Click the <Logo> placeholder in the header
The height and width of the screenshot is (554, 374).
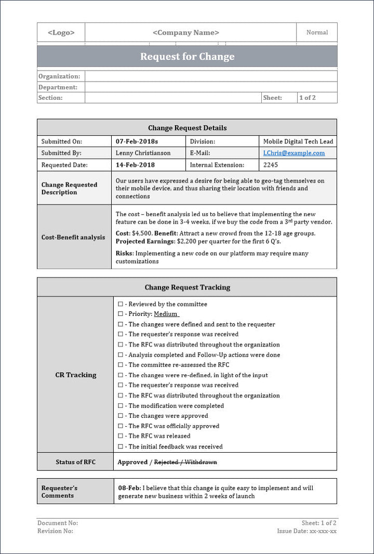[x=61, y=32]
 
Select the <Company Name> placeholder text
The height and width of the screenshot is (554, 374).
[x=186, y=32]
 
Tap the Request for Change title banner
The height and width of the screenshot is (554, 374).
[x=187, y=57]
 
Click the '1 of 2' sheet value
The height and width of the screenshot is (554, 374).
[x=307, y=98]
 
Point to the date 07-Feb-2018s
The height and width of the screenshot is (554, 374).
[x=137, y=141]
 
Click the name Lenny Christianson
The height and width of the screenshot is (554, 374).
[x=143, y=153]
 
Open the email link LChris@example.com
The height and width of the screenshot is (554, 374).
[x=294, y=153]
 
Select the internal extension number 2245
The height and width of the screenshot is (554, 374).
[x=271, y=165]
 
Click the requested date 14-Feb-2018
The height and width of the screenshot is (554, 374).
[x=135, y=165]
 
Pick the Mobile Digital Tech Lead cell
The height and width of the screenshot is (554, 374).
[x=298, y=141]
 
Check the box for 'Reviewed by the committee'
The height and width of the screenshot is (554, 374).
[x=121, y=304]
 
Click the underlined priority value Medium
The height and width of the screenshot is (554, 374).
[x=166, y=314]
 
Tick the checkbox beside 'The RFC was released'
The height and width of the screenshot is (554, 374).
[x=121, y=436]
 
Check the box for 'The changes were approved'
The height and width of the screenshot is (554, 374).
[x=121, y=416]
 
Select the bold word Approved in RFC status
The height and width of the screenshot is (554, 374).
[x=132, y=462]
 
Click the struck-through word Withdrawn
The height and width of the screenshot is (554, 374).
[x=201, y=462]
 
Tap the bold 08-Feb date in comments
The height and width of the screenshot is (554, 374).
[x=128, y=488]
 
